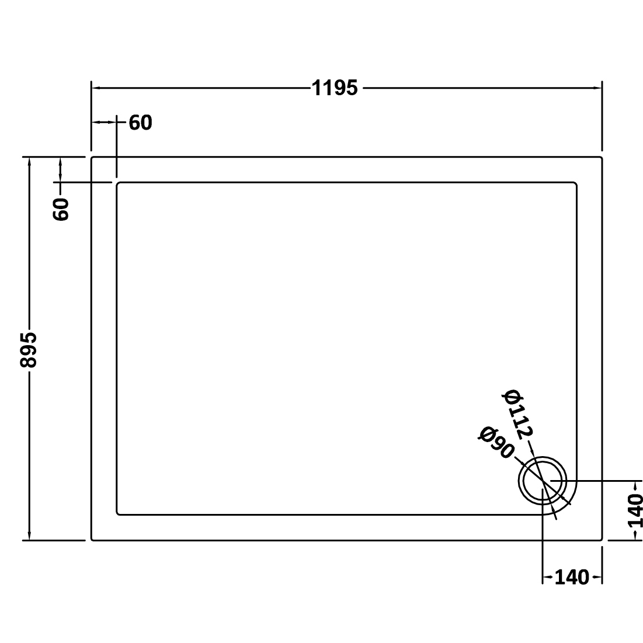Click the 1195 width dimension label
click(x=335, y=89)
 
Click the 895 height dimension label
click(x=28, y=350)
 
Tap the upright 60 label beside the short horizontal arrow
click(x=140, y=123)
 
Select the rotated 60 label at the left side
click(x=61, y=208)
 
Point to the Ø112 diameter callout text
click(x=518, y=413)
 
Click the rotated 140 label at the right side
click(x=635, y=510)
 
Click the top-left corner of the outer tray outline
click(x=92, y=158)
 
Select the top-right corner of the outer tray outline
click(x=601, y=158)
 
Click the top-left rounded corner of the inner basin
click(x=119, y=185)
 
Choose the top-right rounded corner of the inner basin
click(x=575, y=185)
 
